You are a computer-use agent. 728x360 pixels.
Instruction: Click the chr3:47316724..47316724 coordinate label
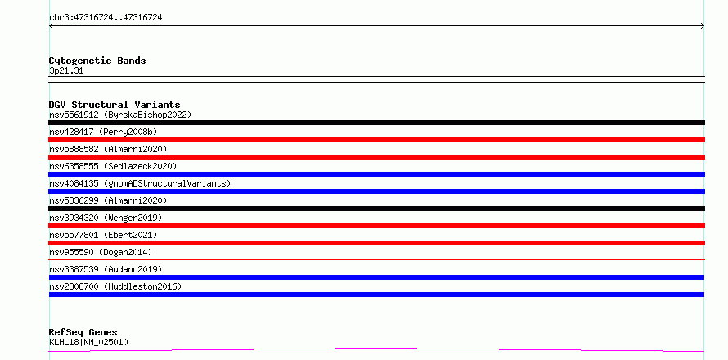point(106,18)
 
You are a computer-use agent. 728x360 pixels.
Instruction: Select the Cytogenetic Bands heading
point(97,61)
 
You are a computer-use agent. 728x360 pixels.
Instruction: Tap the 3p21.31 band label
point(66,71)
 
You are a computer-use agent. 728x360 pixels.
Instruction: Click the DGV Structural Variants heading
point(115,105)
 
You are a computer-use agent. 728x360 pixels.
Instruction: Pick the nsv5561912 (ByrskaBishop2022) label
point(120,115)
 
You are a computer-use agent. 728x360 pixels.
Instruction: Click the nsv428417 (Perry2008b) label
point(103,132)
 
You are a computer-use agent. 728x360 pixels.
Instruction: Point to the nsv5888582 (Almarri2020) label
point(108,149)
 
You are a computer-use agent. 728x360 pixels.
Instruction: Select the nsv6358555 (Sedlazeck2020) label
point(113,166)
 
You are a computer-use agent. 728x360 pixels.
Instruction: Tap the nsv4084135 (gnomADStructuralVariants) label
point(140,183)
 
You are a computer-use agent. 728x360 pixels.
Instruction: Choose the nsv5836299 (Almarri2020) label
point(108,200)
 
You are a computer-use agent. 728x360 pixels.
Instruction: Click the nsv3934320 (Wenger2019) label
point(106,218)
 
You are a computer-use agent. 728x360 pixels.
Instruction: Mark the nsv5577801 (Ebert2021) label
point(103,235)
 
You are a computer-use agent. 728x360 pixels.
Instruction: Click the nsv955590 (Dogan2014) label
point(101,252)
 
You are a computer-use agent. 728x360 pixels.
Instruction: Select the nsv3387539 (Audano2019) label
point(106,269)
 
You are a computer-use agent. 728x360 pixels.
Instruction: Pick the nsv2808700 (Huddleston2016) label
point(115,286)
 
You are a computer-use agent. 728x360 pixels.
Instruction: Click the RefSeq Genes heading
point(83,332)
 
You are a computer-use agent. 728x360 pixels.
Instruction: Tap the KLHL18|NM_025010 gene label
point(88,343)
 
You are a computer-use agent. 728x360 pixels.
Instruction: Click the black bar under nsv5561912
point(376,123)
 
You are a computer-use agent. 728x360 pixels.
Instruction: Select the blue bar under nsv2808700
point(376,295)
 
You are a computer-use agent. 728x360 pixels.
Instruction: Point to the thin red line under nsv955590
point(376,260)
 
